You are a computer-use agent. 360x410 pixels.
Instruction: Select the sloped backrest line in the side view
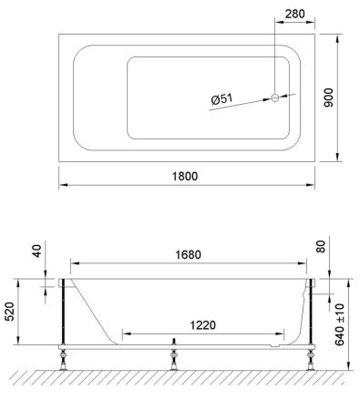pyautogui.click(x=94, y=310)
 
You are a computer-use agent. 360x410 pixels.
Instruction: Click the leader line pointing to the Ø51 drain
pyautogui.click(x=246, y=101)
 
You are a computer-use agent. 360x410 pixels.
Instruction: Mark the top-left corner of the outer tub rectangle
pyautogui.click(x=60, y=34)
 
